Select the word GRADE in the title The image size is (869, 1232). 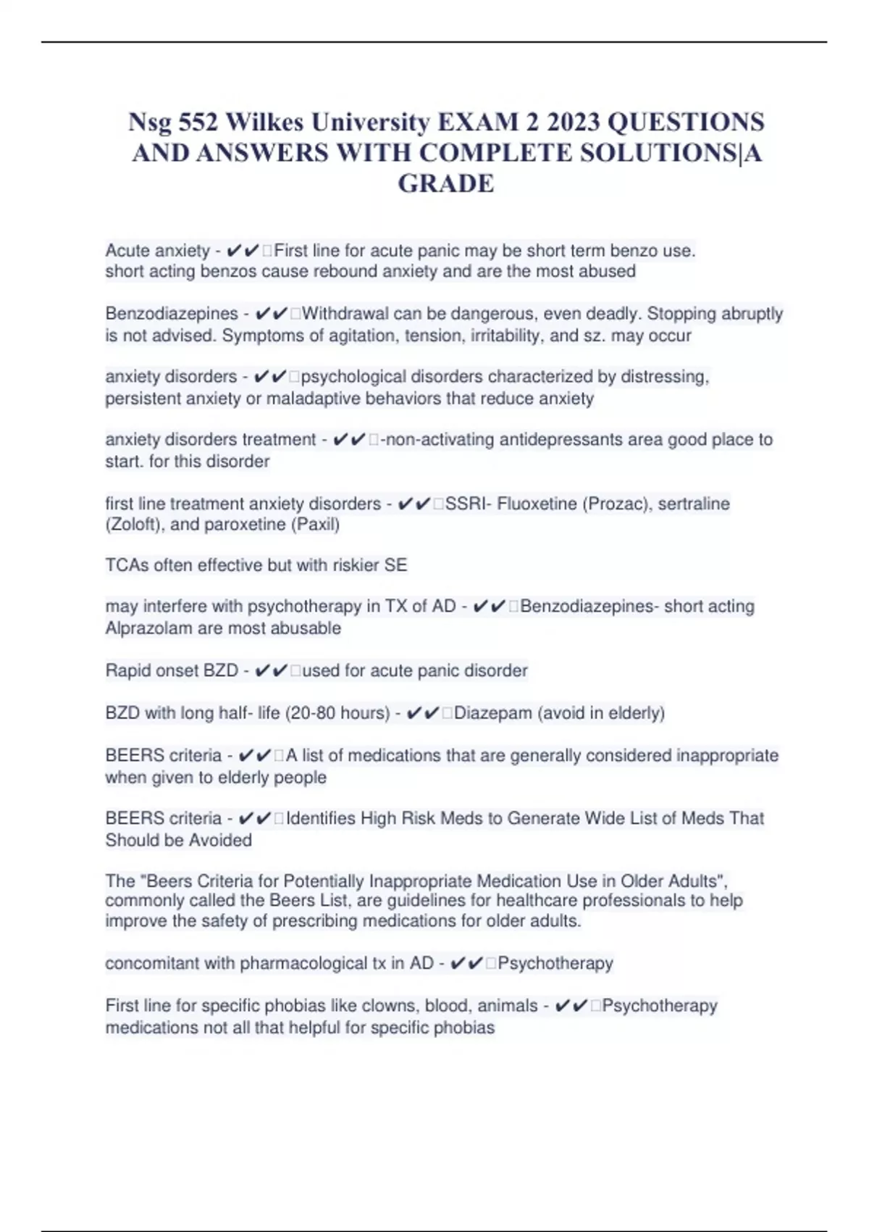click(x=446, y=183)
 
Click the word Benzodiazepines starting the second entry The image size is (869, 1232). click(x=172, y=314)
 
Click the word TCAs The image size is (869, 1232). click(x=127, y=565)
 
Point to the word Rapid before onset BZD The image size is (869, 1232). click(x=127, y=671)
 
